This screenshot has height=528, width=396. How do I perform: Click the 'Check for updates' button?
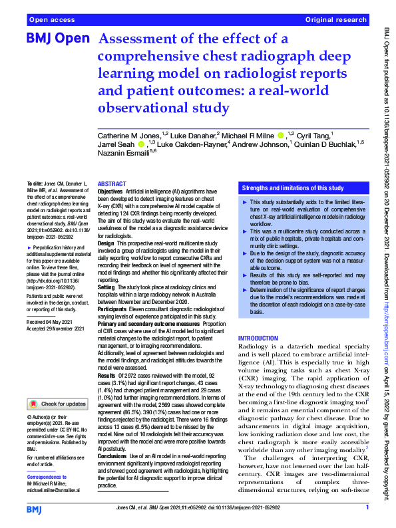point(57,403)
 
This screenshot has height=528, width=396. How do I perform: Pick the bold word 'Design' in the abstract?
point(106,243)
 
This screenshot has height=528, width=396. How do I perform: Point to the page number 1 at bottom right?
point(367,509)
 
